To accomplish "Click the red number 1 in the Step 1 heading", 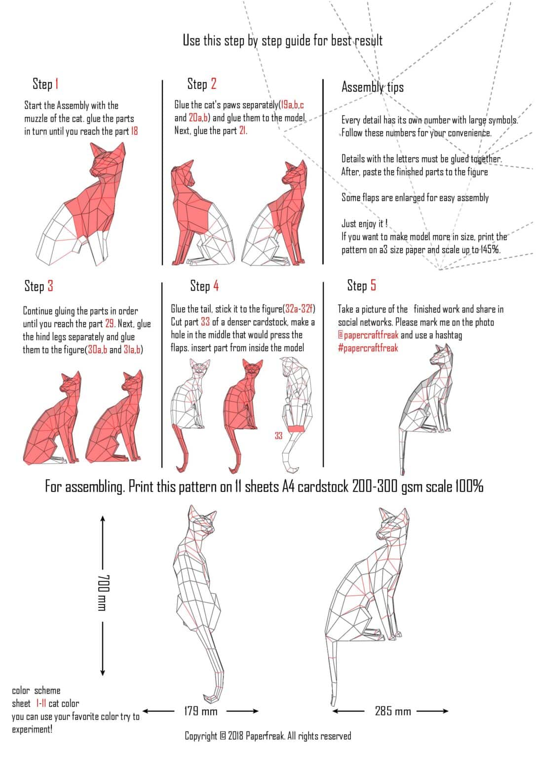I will pos(57,84).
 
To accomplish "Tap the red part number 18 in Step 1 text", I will pos(134,131).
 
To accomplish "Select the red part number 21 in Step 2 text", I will pos(242,131).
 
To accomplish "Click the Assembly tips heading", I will pos(372,87).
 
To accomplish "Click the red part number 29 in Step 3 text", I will pos(110,324).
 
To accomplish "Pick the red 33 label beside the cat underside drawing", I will pos(278,436).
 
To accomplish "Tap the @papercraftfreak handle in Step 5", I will pos(368,335).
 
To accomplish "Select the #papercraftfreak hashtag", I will pos(368,348).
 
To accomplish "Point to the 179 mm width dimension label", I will pos(200,711).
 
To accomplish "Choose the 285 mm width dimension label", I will pos(393,711).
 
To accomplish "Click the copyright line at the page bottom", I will pos(268,736).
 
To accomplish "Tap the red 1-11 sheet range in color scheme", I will pos(40,704).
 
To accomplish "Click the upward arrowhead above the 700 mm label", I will pos(103,519).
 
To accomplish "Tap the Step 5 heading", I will pos(361,285).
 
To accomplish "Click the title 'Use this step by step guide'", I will pos(282,40).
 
